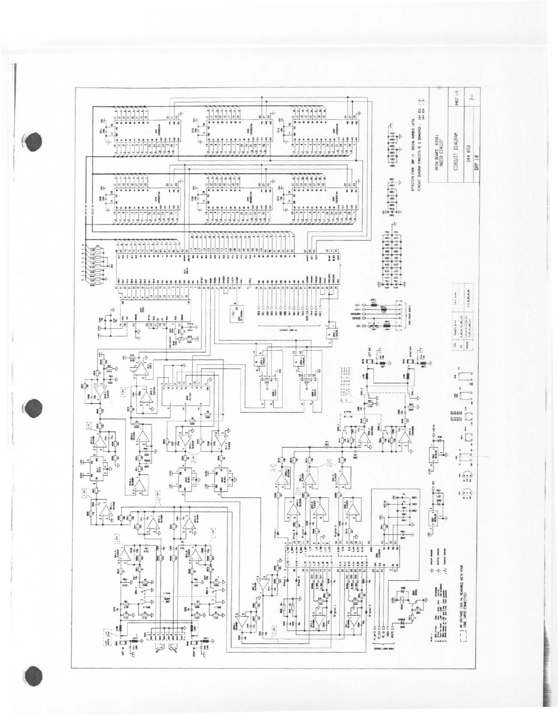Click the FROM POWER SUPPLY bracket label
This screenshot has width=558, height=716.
402,314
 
